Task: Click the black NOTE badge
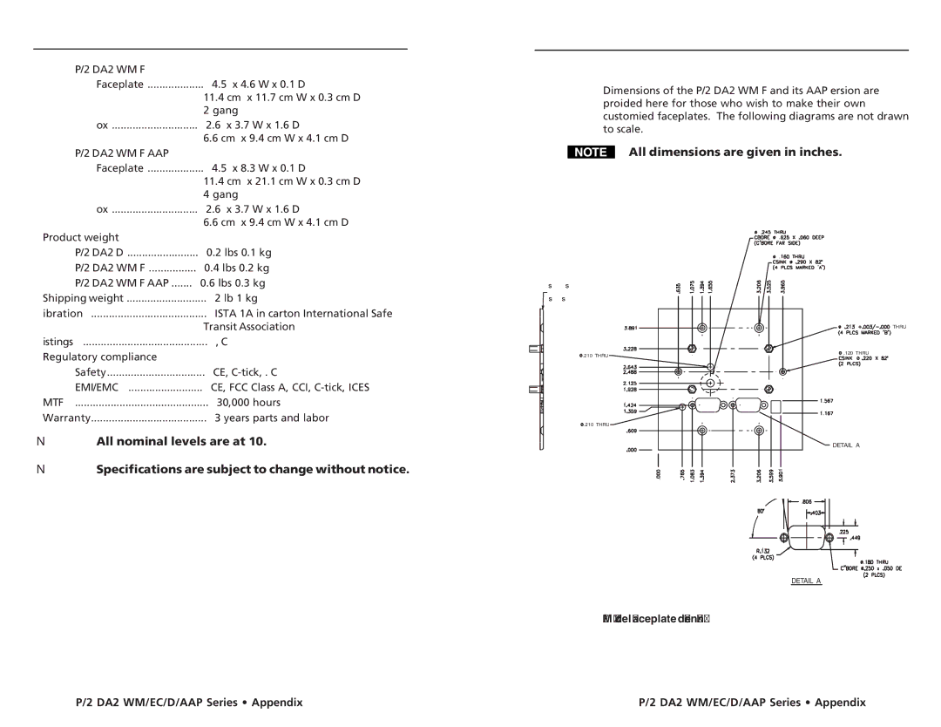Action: coord(590,153)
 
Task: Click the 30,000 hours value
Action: coord(248,403)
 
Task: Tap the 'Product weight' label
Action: coord(82,237)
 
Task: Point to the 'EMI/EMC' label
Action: coord(93,387)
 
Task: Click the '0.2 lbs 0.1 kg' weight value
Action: coord(239,252)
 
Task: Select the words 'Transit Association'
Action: coord(249,327)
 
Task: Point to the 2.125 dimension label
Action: coord(631,383)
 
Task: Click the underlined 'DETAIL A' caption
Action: coord(806,581)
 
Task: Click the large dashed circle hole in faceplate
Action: coord(711,383)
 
